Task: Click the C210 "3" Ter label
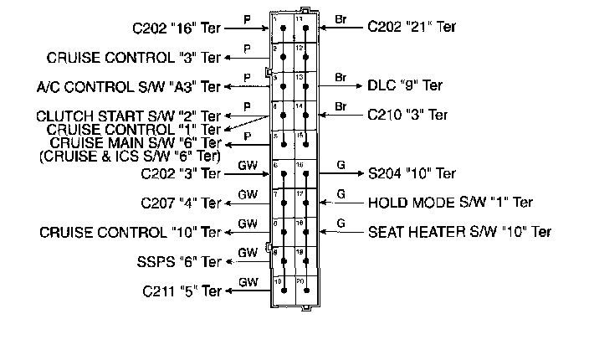(408, 115)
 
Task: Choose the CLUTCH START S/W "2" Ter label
(129, 116)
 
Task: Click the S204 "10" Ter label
(412, 173)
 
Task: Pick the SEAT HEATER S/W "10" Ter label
(460, 231)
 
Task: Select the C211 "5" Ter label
(182, 291)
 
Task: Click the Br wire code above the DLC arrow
(341, 76)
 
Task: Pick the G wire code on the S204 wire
(341, 164)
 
